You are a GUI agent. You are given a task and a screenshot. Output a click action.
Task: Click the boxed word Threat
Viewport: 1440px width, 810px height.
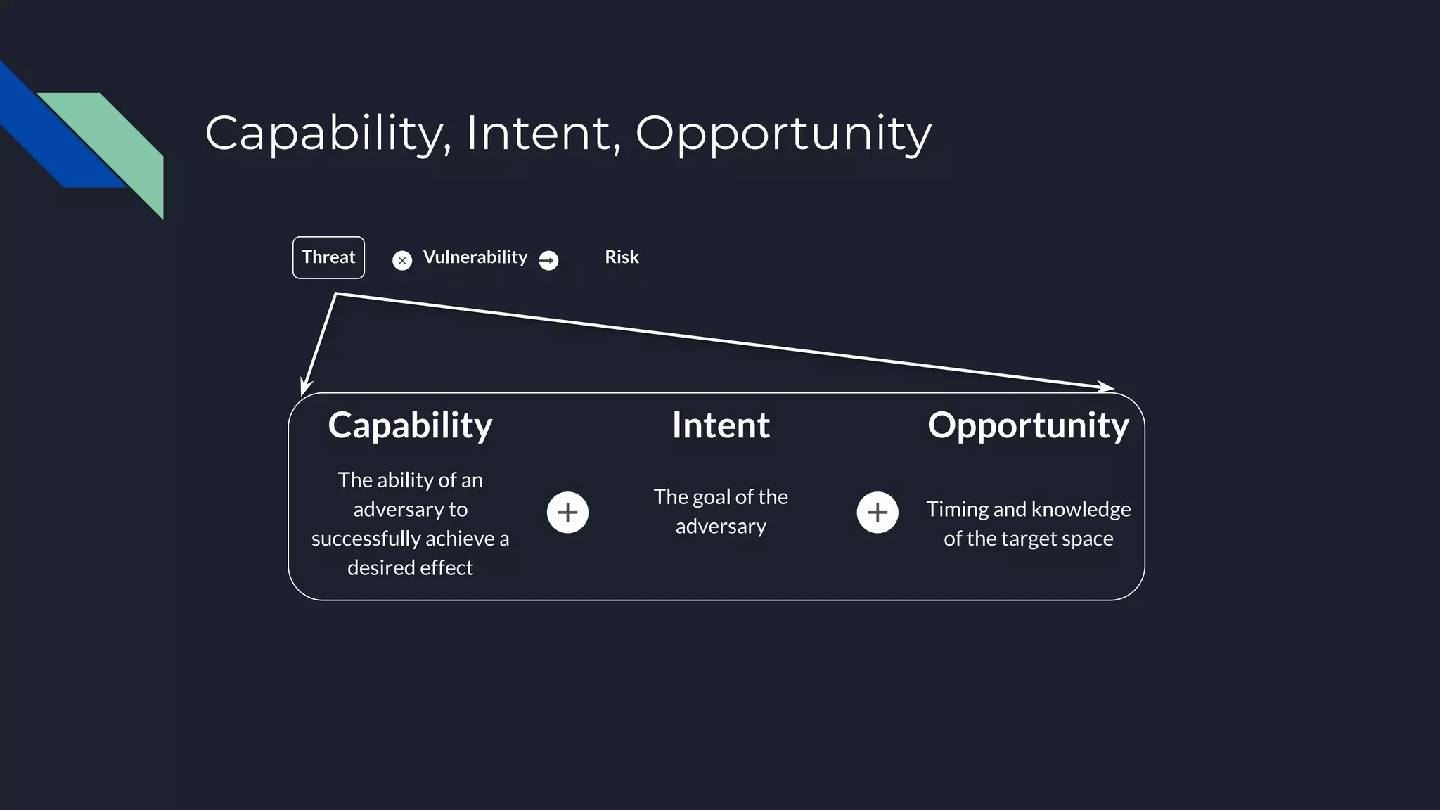[328, 257]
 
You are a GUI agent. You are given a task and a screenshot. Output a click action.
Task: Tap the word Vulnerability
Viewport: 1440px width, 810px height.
[475, 257]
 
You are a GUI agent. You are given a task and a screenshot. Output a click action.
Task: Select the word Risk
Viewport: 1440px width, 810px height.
[622, 257]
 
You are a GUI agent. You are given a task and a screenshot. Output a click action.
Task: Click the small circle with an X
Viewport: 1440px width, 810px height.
[402, 261]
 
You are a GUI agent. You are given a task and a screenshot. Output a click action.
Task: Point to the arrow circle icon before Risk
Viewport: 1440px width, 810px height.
[548, 261]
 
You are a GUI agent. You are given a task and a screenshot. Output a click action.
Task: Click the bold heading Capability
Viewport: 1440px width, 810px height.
[410, 425]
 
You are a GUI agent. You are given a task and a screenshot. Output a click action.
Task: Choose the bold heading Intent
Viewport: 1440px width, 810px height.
[721, 425]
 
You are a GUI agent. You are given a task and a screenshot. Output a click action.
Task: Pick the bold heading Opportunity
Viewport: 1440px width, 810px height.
[1028, 425]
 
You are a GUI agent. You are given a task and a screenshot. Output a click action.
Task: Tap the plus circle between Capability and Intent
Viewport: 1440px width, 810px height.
[567, 513]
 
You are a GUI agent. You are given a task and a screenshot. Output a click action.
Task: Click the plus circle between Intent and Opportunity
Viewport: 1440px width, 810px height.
[877, 513]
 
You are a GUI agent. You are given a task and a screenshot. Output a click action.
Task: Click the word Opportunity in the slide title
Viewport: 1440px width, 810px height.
[783, 133]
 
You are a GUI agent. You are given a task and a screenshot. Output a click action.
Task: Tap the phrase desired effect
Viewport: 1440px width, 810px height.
[410, 567]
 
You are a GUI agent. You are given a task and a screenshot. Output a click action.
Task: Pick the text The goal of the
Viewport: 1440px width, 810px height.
[721, 497]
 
